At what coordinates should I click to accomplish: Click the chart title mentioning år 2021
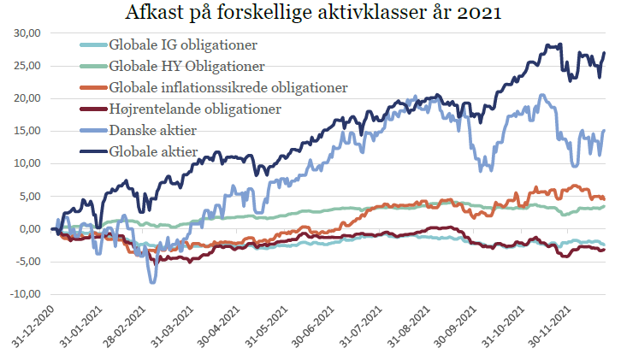click(x=310, y=14)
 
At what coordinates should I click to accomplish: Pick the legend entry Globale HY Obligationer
click(x=186, y=66)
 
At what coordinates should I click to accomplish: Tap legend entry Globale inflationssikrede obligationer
click(x=228, y=87)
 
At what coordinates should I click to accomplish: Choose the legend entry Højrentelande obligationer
click(x=196, y=109)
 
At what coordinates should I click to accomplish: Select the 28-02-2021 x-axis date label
click(x=134, y=328)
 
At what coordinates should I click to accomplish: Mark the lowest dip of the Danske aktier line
click(x=153, y=281)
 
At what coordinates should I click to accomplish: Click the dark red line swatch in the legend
click(x=92, y=109)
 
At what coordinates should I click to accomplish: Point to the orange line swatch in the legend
click(x=92, y=87)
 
